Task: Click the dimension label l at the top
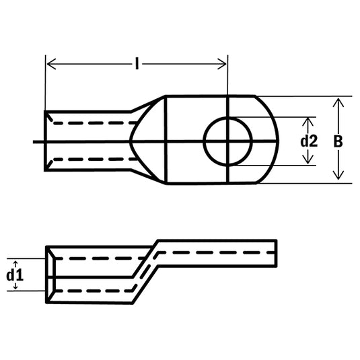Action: [x=137, y=64]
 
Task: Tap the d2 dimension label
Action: [x=309, y=141]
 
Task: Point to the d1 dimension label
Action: [x=14, y=275]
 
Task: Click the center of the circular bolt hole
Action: [x=228, y=141]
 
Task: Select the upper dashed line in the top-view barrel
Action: [x=87, y=123]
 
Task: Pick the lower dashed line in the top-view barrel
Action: [x=87, y=159]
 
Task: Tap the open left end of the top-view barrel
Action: [x=46, y=141]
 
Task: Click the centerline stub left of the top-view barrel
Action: [x=38, y=141]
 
